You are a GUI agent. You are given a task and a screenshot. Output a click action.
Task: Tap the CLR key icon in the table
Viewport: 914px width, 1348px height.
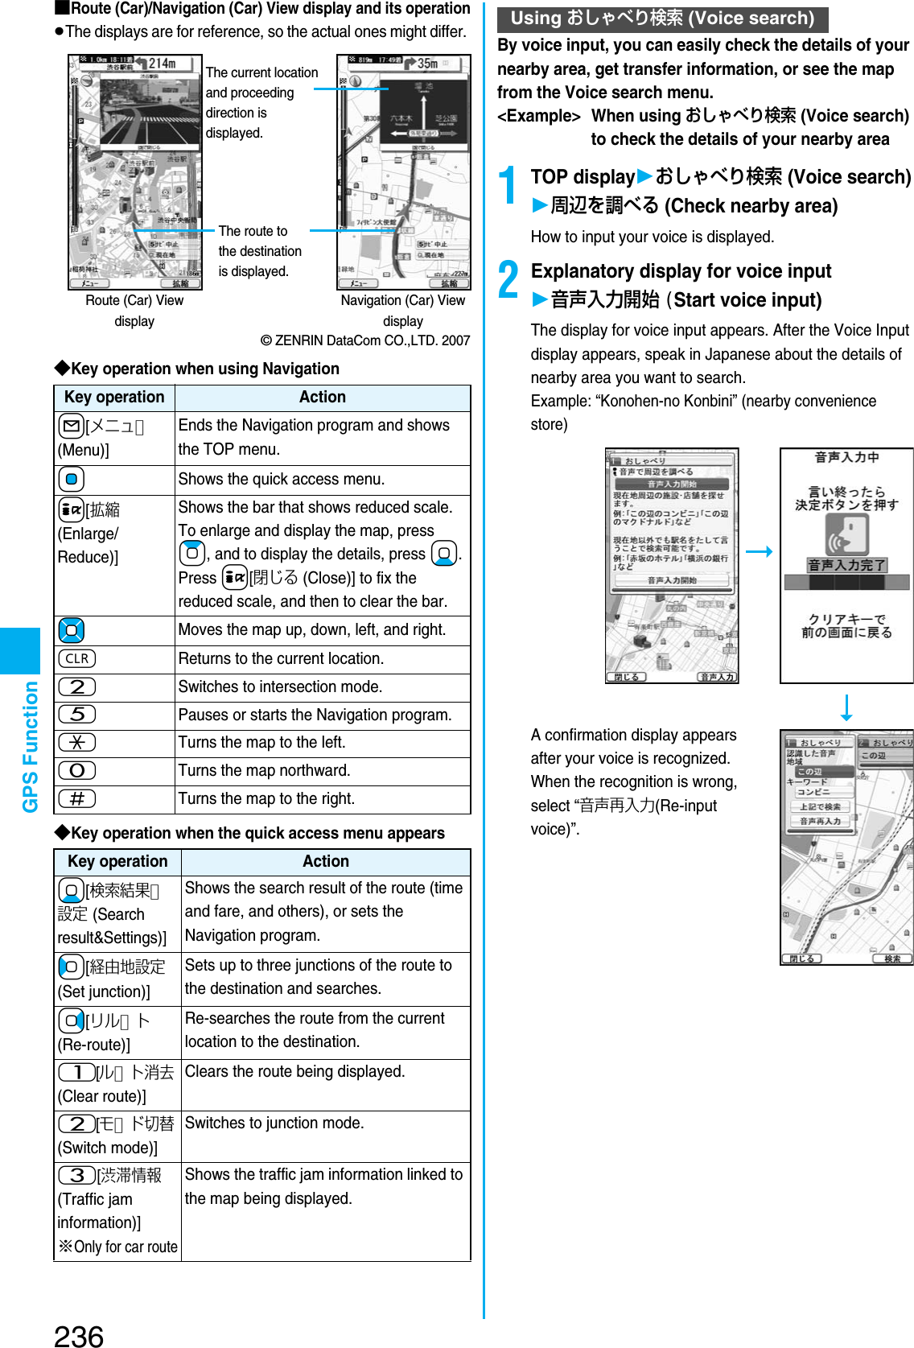[x=77, y=658]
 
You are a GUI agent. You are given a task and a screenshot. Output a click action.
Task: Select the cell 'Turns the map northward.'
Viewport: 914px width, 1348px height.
[x=264, y=770]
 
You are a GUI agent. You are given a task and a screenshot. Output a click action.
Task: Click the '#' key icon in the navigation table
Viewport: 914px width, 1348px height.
[x=77, y=798]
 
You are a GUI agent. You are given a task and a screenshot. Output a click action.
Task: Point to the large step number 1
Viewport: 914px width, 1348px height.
[x=508, y=185]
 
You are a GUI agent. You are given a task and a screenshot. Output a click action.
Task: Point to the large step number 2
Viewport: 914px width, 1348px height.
[x=508, y=280]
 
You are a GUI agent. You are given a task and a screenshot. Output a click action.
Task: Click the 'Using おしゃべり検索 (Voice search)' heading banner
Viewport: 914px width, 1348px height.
[x=662, y=19]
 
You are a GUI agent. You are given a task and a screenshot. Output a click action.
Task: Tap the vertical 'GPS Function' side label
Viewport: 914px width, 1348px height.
[x=30, y=746]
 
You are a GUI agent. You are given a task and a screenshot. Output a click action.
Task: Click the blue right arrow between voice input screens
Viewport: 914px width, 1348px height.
[x=759, y=551]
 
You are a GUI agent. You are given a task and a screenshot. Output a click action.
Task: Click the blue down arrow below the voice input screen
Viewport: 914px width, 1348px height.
[x=846, y=707]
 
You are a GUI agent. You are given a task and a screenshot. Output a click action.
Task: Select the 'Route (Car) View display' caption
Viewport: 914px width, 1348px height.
[x=134, y=311]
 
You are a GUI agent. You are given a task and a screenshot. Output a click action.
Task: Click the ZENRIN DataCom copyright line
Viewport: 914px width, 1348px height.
[x=364, y=340]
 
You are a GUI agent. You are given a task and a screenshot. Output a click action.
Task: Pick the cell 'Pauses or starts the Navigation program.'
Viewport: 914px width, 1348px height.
[x=315, y=715]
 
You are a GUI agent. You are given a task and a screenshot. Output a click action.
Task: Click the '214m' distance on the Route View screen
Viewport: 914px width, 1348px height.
[x=161, y=63]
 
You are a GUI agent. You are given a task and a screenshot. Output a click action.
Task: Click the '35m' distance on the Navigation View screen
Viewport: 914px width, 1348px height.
[x=426, y=63]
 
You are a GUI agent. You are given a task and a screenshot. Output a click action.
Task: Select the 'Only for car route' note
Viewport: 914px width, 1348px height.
[x=118, y=1247]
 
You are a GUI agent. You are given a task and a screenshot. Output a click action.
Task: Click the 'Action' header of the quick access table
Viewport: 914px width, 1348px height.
[x=325, y=861]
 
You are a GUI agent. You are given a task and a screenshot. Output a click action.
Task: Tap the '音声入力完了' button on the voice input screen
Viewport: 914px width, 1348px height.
[x=846, y=565]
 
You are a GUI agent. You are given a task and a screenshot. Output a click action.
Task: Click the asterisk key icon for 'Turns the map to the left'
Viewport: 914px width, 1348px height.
[x=77, y=742]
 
